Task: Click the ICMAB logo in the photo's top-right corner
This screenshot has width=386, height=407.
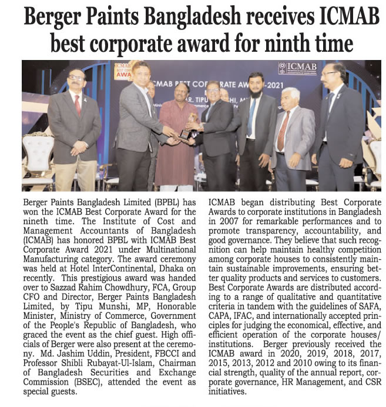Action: tap(298, 67)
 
